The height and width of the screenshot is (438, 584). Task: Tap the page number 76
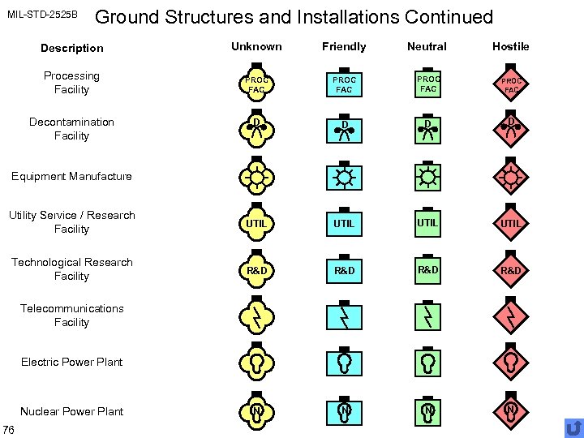[7, 429]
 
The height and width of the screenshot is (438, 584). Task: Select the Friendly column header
[344, 46]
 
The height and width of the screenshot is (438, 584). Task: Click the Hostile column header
[510, 46]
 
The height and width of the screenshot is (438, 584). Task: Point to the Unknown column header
[256, 46]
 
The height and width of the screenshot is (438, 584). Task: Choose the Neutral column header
[427, 46]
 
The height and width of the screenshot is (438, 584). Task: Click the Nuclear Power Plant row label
[71, 411]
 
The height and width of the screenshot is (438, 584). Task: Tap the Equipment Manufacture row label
[71, 176]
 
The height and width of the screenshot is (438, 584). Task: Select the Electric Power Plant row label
[71, 362]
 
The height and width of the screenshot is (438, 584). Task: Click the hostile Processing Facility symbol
[511, 85]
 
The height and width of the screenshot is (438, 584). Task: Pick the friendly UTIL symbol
[345, 222]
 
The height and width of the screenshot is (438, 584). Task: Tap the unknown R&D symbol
[256, 269]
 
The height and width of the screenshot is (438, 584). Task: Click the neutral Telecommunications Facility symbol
[427, 315]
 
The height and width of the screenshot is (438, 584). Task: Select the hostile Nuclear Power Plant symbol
[511, 410]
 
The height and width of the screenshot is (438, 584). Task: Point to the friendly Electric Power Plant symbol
[345, 361]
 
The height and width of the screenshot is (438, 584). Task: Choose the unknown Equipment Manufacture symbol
[256, 176]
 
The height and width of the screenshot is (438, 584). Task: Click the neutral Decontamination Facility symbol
[427, 130]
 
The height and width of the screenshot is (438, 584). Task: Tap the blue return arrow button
[573, 427]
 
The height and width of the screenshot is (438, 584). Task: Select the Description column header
[71, 48]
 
